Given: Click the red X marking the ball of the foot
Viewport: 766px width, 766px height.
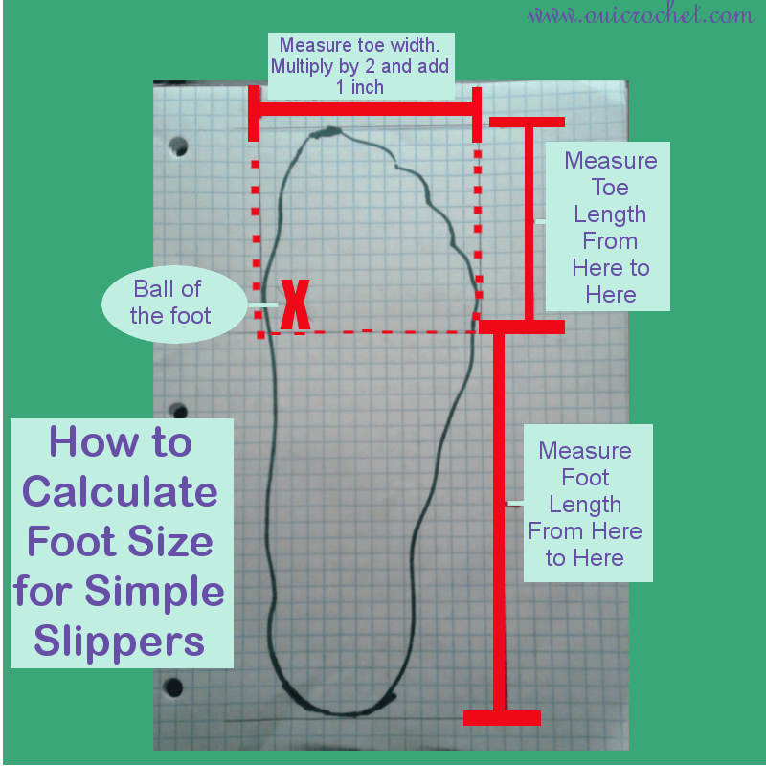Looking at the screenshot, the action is tap(295, 304).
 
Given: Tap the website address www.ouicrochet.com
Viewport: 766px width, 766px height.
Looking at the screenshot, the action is tap(642, 15).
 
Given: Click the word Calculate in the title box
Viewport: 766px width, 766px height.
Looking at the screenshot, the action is tap(121, 491).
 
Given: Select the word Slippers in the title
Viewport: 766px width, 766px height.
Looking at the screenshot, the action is tap(119, 642).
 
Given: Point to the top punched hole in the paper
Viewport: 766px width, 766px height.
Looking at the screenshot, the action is tap(178, 146).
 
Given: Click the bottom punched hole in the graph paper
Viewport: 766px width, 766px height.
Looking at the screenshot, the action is tap(173, 687).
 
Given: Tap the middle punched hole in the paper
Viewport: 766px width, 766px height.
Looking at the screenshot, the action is tap(178, 411).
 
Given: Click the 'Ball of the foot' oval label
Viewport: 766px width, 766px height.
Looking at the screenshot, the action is tap(174, 304).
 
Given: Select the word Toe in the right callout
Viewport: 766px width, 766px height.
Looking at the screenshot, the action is tap(610, 188).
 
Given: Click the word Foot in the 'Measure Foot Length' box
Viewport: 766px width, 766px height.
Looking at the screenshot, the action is tap(585, 477).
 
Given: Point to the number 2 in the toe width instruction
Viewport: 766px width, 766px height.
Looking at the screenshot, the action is tap(370, 66).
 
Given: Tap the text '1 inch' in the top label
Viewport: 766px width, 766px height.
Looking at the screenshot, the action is tap(360, 87).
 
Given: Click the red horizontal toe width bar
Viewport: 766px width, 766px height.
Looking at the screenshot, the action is tap(365, 109).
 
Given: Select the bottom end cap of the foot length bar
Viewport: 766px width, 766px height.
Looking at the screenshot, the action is tap(502, 717).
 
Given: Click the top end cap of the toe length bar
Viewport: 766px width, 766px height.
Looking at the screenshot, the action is tap(528, 123).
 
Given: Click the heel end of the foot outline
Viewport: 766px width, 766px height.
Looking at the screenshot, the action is tap(342, 712).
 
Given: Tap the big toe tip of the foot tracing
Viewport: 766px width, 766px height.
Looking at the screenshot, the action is tap(327, 131).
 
